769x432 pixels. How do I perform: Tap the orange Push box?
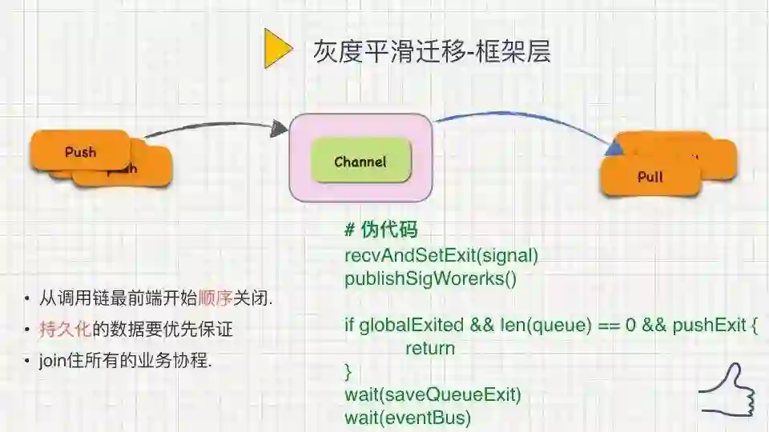[80, 151]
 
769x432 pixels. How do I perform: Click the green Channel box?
[360, 162]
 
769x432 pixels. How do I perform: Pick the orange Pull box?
[650, 177]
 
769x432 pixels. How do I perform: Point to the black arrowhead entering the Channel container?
[280, 127]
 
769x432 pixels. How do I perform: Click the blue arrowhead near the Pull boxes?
[615, 146]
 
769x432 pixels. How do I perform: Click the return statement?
[429, 348]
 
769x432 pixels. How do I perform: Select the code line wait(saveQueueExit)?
[433, 394]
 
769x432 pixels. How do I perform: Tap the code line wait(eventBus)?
[408, 417]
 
